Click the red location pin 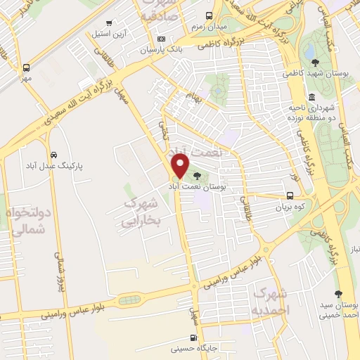point(181,166)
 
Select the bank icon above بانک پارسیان point(162,39)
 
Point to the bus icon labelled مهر point(26,68)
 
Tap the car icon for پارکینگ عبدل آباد point(54,154)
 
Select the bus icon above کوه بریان point(290,197)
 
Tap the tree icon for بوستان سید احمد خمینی point(338,294)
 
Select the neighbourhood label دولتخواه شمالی point(30,219)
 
